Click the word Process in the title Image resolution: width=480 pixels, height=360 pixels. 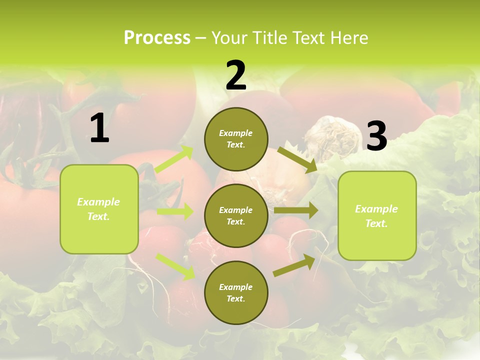[x=157, y=38]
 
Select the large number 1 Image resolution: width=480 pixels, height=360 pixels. [x=99, y=128]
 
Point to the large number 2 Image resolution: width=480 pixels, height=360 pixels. [x=236, y=75]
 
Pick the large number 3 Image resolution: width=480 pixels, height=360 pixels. [x=376, y=136]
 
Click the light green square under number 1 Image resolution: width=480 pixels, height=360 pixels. [x=99, y=209]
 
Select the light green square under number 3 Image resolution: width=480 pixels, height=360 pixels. [x=377, y=215]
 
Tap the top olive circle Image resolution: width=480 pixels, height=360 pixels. [x=236, y=139]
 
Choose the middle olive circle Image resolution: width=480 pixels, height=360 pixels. [x=236, y=215]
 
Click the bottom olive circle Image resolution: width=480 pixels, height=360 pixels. [x=236, y=292]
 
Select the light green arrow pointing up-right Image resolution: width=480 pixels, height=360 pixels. [x=174, y=159]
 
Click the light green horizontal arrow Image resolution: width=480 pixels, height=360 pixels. [x=175, y=211]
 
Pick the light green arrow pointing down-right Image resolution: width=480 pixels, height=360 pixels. [x=175, y=266]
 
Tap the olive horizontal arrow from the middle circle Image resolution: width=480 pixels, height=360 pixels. [x=295, y=210]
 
